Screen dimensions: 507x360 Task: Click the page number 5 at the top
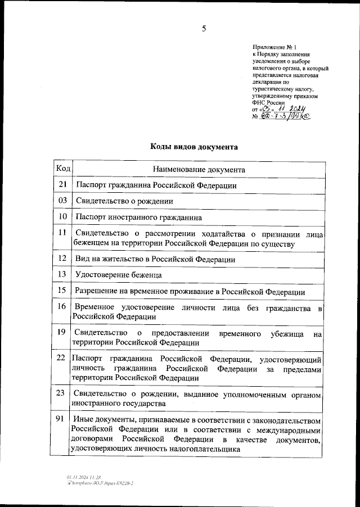(204, 29)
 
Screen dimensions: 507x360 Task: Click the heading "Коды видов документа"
(193, 147)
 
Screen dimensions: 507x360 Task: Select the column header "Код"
(62, 168)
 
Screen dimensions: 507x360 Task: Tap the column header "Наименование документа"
(198, 169)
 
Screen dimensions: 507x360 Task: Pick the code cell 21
(62, 184)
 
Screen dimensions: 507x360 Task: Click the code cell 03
(62, 200)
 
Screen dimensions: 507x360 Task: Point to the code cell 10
(62, 216)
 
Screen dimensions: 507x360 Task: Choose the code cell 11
(62, 232)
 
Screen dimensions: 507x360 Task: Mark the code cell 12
(62, 259)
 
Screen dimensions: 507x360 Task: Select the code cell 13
(62, 274)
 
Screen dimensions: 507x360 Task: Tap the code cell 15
(62, 291)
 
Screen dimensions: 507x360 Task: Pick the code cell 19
(62, 333)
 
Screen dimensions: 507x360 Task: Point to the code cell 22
(62, 357)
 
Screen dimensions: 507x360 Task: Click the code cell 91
(62, 419)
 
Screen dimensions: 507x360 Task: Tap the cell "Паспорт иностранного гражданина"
(138, 216)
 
